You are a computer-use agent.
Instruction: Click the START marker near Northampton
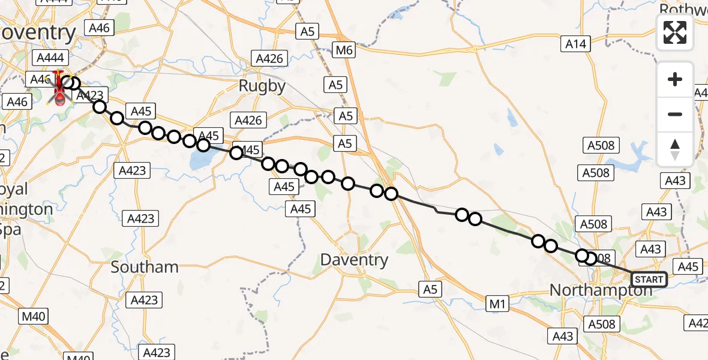(x=649, y=280)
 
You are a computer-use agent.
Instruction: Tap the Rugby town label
(x=262, y=86)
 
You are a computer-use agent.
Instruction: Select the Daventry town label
(x=354, y=260)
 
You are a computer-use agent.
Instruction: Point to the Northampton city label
(x=601, y=290)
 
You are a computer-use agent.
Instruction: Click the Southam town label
(x=145, y=267)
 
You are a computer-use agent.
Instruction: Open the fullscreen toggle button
(x=675, y=32)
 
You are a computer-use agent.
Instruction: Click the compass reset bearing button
(x=675, y=149)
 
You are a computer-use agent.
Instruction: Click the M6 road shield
(x=344, y=50)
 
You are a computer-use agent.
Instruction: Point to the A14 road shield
(x=577, y=43)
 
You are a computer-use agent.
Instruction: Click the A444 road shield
(x=53, y=58)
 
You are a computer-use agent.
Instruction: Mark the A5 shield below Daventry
(x=430, y=289)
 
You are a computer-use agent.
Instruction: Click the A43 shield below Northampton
(x=563, y=337)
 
